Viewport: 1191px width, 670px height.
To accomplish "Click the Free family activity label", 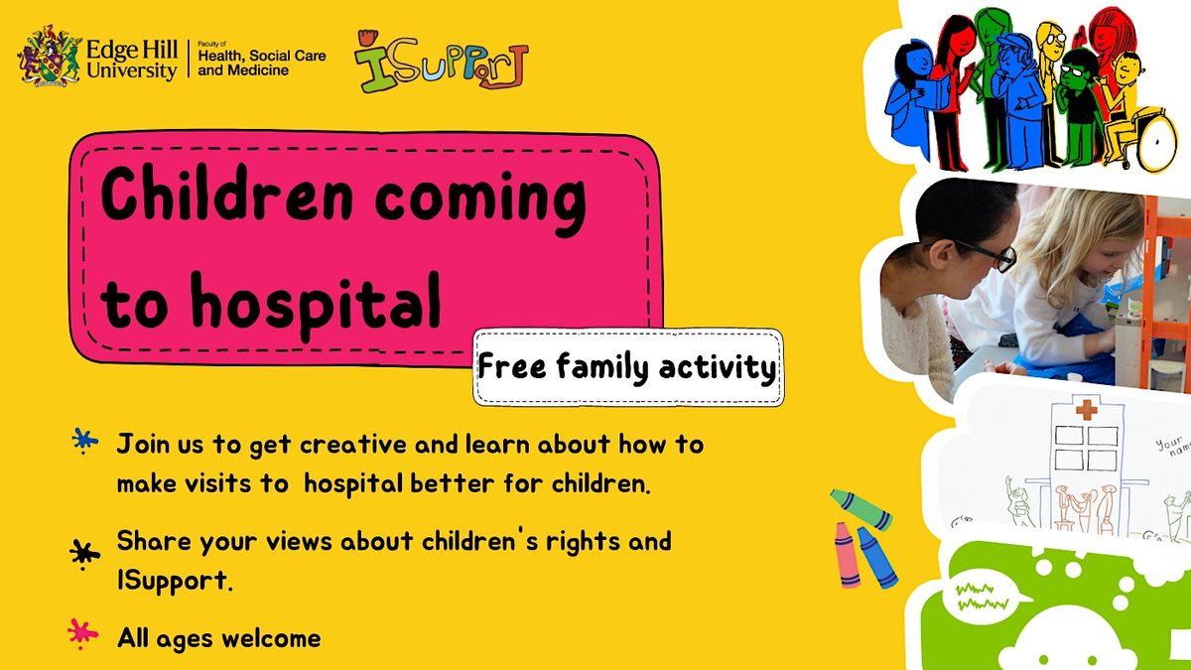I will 627,368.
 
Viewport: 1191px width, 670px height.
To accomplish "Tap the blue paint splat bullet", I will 85,443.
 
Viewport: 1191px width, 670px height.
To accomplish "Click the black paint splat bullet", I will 85,551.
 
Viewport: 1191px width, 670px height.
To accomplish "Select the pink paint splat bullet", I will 82,631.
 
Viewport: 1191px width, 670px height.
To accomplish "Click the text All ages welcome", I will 218,637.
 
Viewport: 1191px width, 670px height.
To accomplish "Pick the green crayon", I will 860,507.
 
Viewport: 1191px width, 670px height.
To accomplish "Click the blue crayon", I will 876,557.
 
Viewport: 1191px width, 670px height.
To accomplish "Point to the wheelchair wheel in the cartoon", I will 1157,148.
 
